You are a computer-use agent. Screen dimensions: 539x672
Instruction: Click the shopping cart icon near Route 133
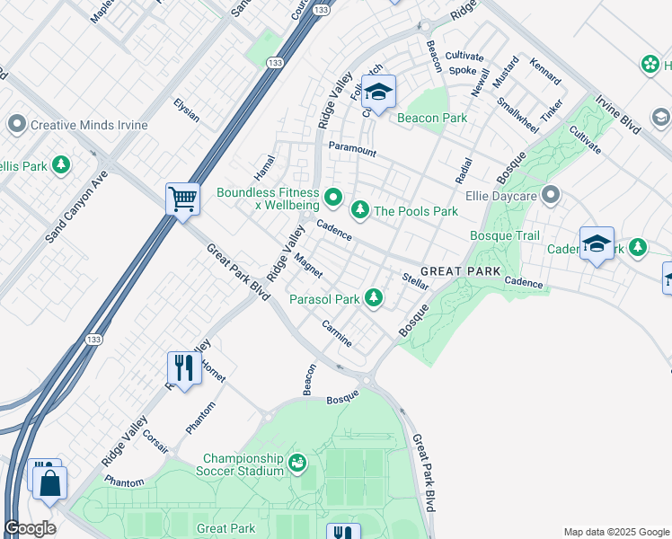point(183,199)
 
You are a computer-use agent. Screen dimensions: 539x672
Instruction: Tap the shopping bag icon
point(51,482)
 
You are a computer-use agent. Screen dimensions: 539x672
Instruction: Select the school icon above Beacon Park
point(378,92)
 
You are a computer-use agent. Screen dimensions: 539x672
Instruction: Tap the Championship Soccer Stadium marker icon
point(296,464)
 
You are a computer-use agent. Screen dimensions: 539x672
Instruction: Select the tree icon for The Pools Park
point(360,210)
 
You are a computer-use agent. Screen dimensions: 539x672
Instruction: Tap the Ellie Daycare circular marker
point(550,194)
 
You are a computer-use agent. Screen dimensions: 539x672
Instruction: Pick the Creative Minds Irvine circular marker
point(16,124)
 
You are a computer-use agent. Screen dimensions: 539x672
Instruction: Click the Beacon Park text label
point(432,118)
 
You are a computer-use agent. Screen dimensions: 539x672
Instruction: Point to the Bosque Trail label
point(505,236)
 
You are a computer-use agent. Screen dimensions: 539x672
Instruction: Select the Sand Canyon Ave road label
point(76,209)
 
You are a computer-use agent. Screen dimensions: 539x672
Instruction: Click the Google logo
point(31,528)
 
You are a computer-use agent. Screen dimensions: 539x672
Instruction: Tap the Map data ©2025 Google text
point(615,532)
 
